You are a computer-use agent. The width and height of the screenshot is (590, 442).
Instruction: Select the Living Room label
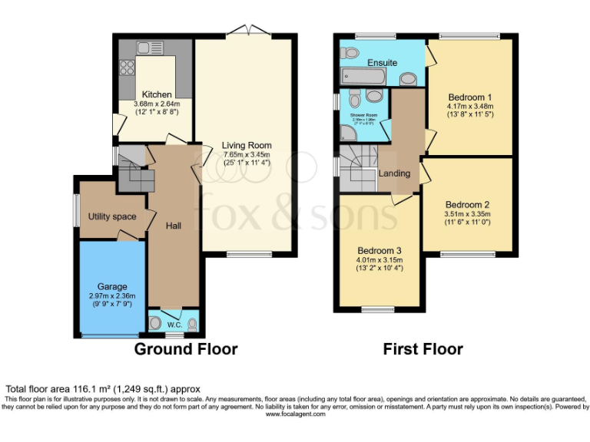(x=247, y=145)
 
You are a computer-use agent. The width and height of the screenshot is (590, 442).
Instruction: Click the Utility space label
(x=111, y=216)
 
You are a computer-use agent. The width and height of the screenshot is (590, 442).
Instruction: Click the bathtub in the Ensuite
(x=363, y=77)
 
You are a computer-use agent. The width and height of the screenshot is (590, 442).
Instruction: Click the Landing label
(x=394, y=173)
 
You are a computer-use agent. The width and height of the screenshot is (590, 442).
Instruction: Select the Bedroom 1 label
(x=470, y=97)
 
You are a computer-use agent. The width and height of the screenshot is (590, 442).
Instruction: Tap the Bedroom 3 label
(x=380, y=250)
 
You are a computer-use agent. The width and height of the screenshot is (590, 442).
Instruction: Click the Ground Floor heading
(x=186, y=349)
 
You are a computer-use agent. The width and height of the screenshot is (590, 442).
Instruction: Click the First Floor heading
(x=423, y=349)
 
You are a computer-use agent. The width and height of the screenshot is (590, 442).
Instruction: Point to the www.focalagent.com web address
(x=295, y=414)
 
